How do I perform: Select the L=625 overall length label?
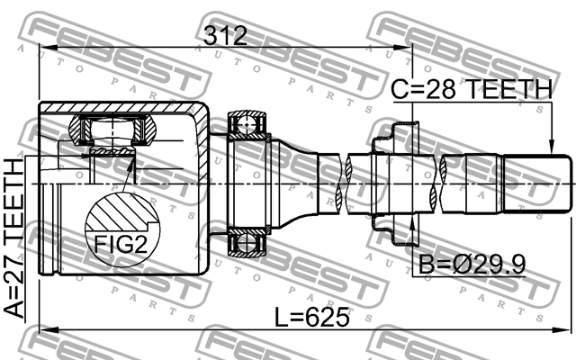click(311, 317)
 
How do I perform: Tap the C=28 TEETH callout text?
click(471, 89)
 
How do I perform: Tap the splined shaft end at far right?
click(537, 184)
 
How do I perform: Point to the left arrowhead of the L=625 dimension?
click(43, 329)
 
